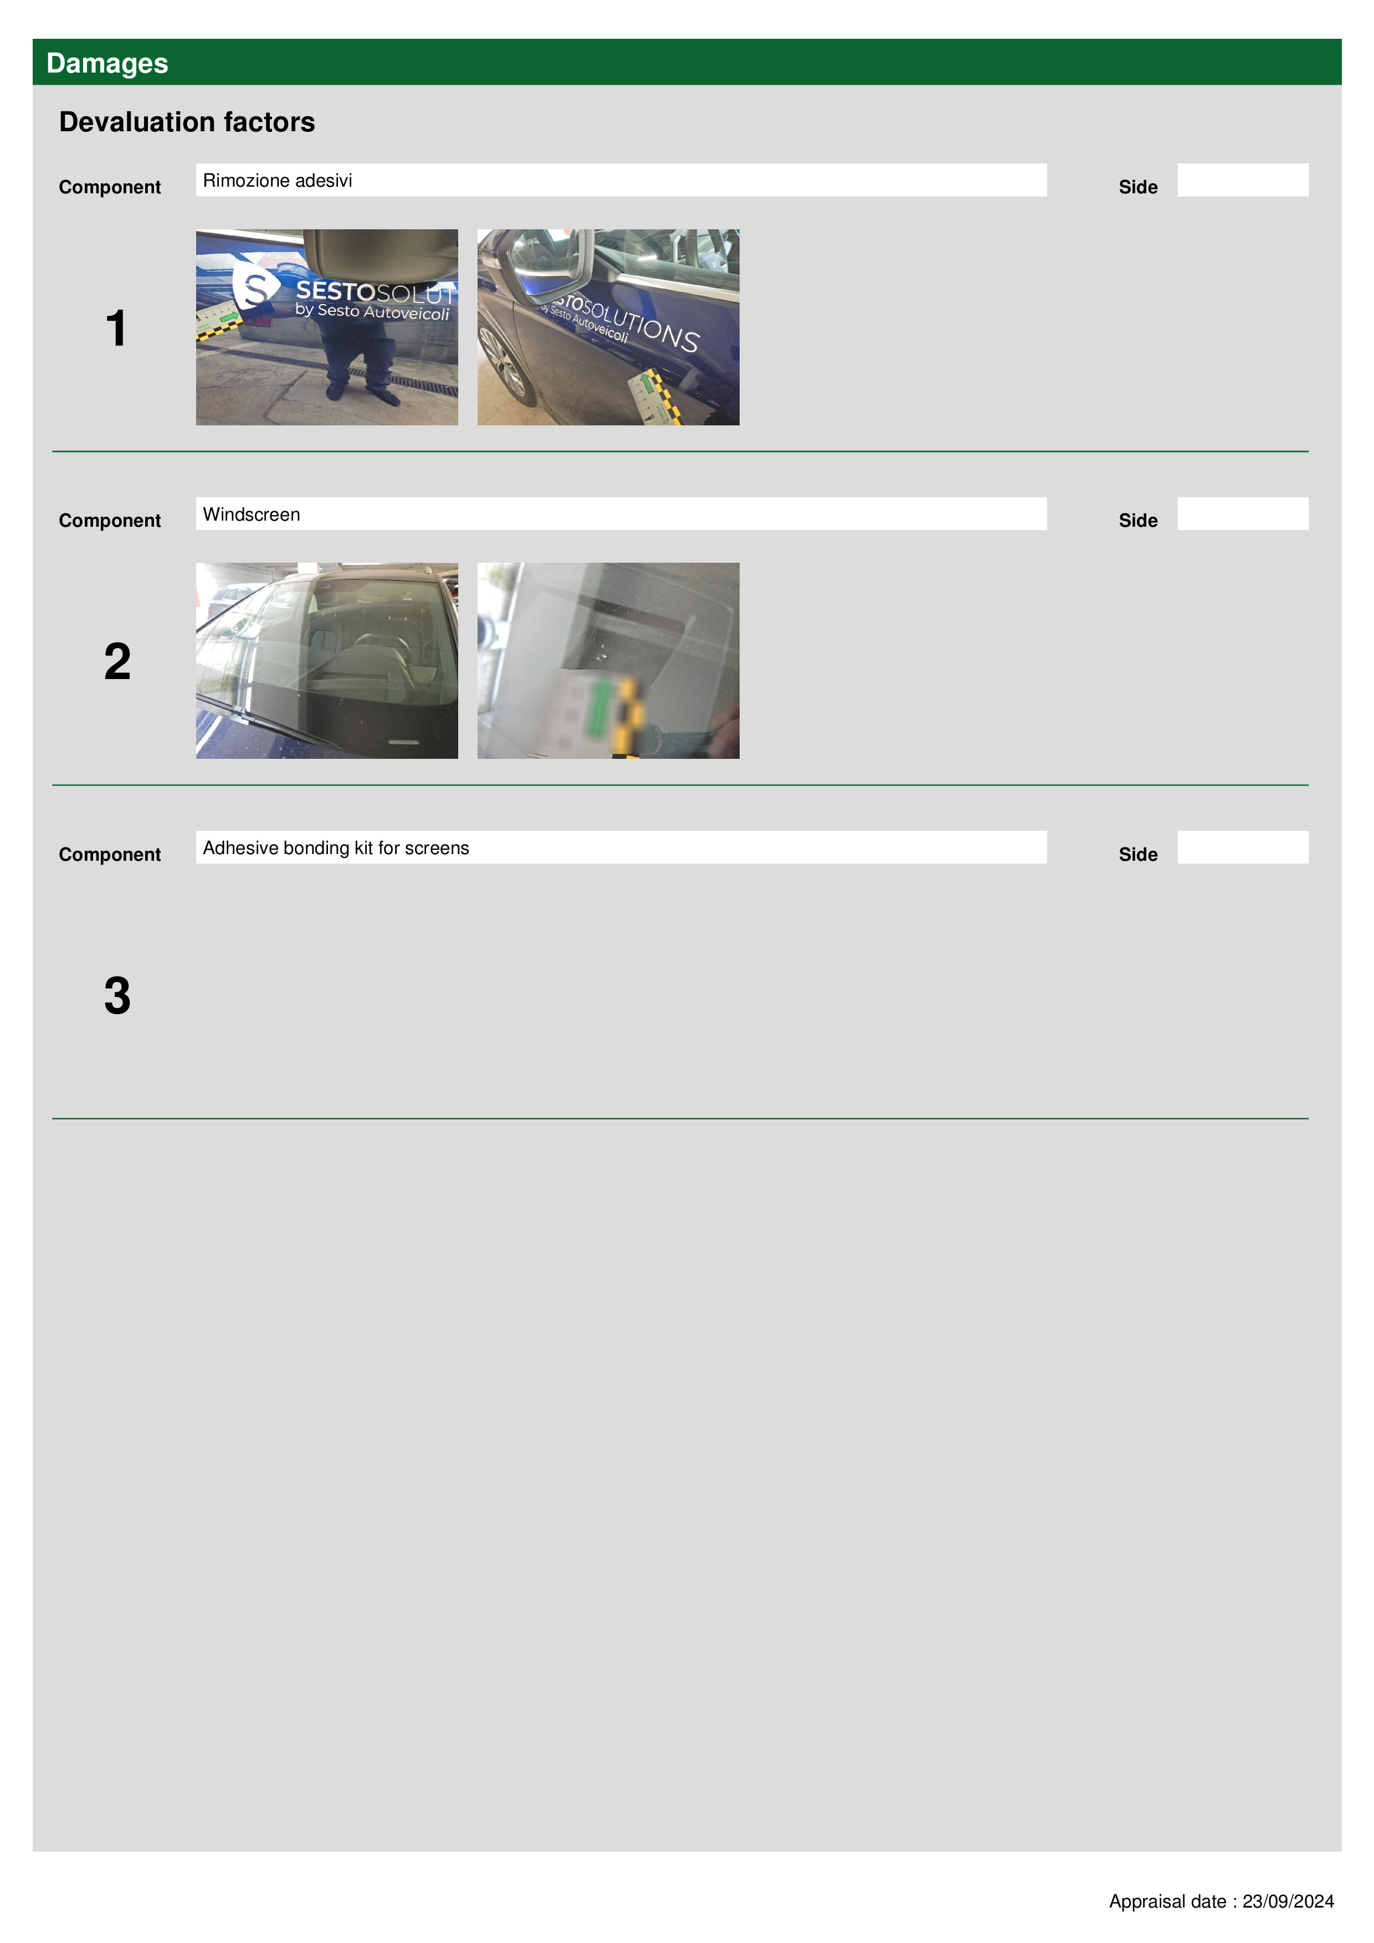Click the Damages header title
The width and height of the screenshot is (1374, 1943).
click(x=107, y=64)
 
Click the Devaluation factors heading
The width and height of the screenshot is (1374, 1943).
click(x=187, y=122)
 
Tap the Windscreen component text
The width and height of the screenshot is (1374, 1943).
click(x=252, y=515)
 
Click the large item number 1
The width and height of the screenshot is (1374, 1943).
click(x=116, y=328)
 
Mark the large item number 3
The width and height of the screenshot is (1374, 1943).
click(x=117, y=995)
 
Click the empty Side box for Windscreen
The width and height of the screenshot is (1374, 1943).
click(x=1242, y=513)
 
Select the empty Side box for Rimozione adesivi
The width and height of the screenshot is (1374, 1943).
click(x=1242, y=180)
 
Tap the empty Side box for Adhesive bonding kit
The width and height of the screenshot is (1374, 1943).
click(x=1242, y=847)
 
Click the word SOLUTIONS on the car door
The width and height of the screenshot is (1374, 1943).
click(x=641, y=323)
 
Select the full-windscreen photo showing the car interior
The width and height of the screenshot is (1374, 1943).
click(x=327, y=660)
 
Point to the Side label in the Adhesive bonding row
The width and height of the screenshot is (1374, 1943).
click(x=1138, y=854)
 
